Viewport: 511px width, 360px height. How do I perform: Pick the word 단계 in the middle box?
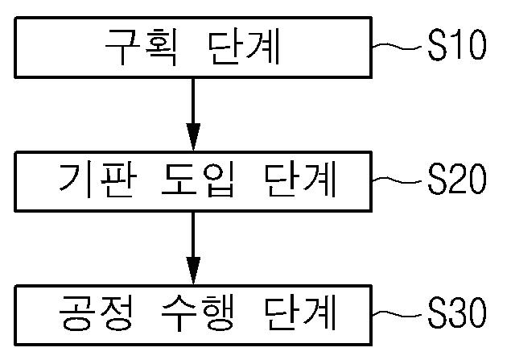[299, 180]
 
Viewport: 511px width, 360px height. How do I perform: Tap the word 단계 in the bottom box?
[299, 312]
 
